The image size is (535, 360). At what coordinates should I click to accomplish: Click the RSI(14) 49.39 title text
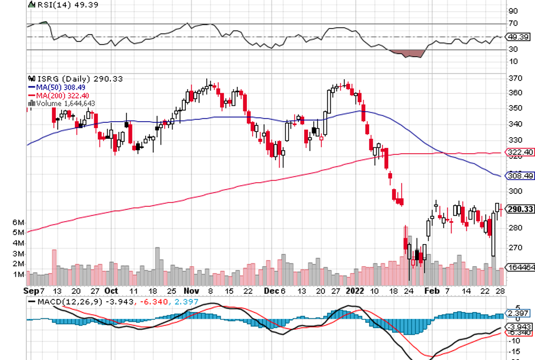[x=55, y=5]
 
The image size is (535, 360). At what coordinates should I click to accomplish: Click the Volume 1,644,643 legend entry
[x=63, y=103]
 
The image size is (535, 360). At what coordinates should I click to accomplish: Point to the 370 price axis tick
[x=514, y=78]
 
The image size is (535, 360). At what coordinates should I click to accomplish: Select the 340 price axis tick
[x=514, y=124]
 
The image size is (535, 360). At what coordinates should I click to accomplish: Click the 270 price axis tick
[x=514, y=247]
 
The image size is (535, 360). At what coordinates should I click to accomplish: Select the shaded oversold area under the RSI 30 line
[x=408, y=54]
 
